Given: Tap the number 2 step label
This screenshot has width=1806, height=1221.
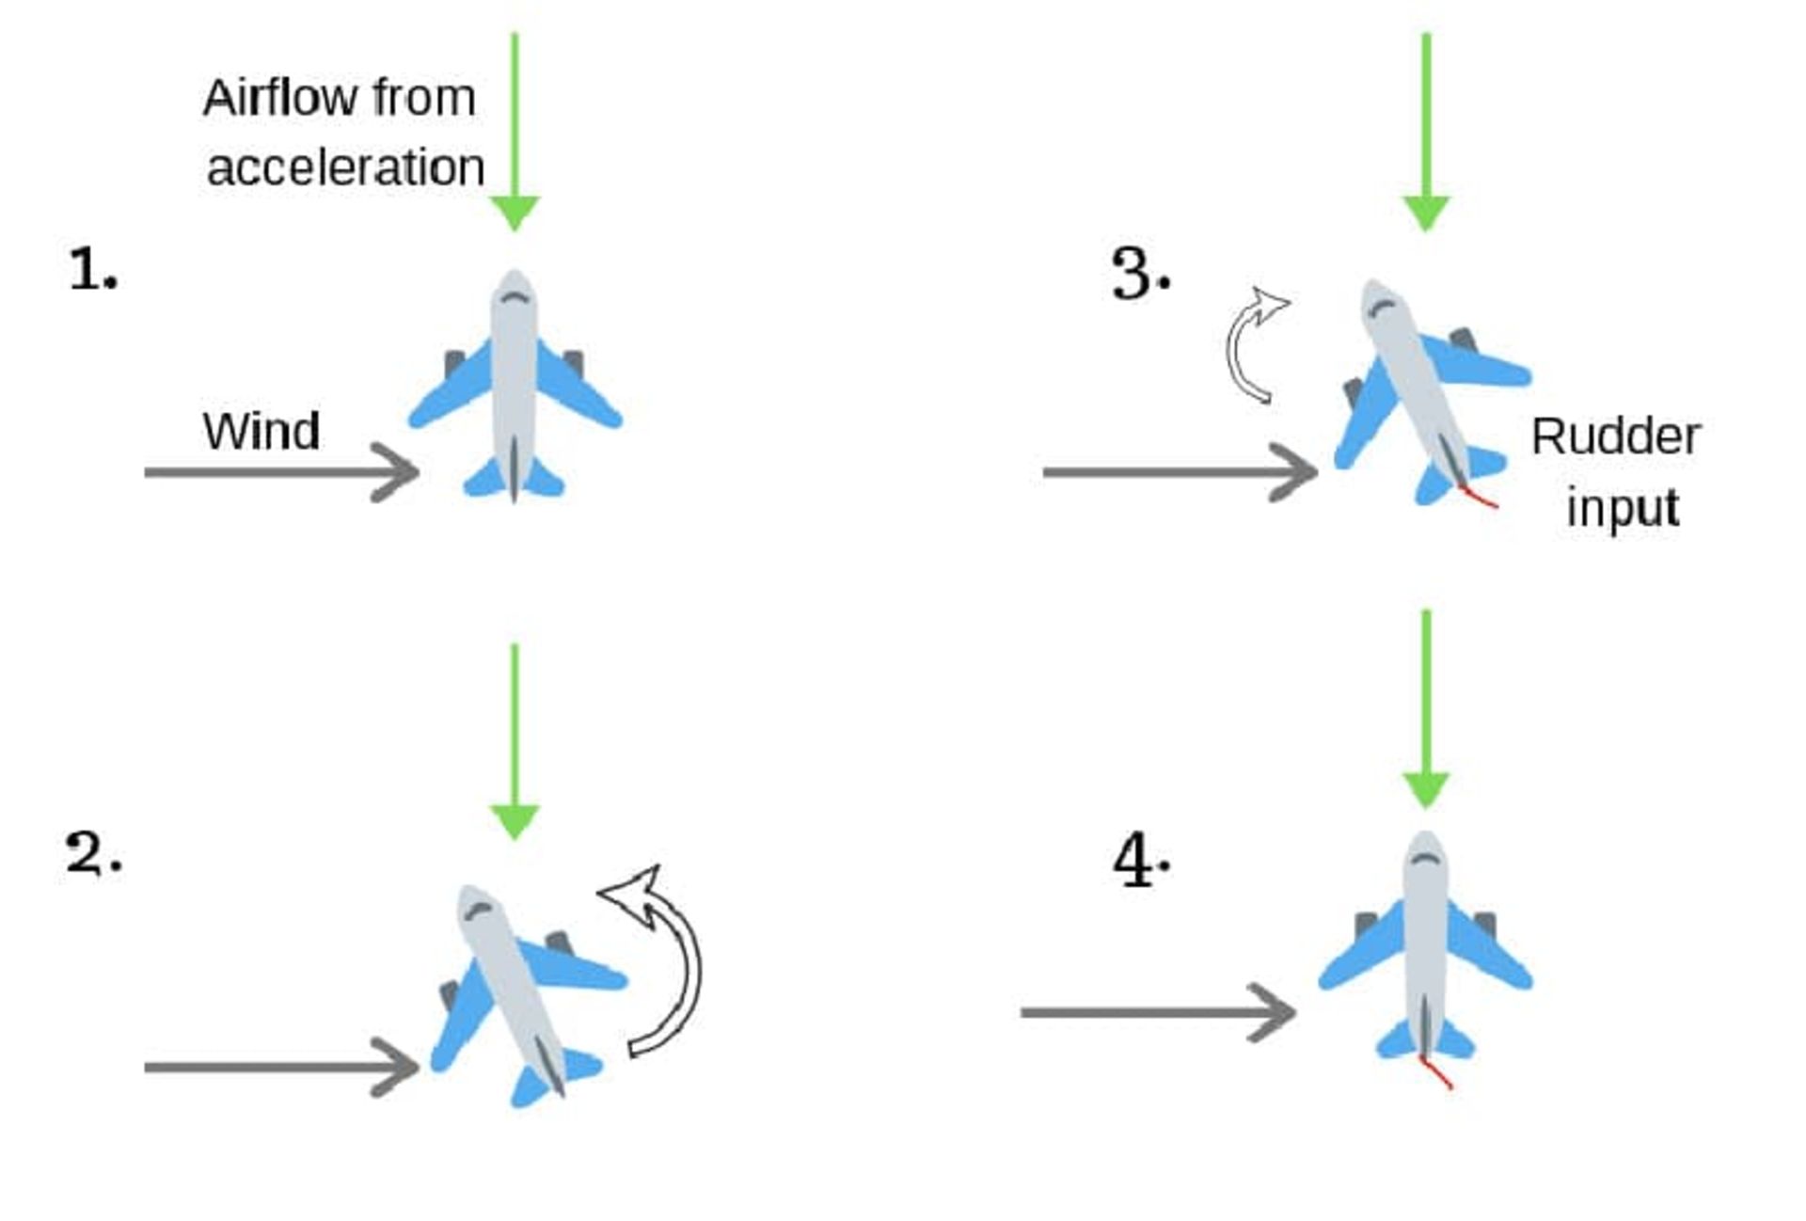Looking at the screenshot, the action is [93, 854].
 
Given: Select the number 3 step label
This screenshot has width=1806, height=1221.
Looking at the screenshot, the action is [1140, 274].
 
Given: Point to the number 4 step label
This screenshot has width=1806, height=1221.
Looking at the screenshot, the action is [1141, 861].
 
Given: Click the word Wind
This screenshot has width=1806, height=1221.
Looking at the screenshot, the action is [261, 431].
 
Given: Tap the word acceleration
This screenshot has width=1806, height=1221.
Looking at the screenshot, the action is [345, 167].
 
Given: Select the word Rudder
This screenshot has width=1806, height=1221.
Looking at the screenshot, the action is [1616, 436].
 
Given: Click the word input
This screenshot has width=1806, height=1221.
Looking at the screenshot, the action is [1623, 509].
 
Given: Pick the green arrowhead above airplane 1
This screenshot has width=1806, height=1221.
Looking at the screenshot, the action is [515, 214].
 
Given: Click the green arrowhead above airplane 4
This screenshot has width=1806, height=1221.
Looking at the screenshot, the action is [1426, 790].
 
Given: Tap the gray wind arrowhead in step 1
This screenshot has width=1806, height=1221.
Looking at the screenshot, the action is [396, 471].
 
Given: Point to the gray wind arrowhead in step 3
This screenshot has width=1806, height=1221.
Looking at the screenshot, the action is [1293, 471].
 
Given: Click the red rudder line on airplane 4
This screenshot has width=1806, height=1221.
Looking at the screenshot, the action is [1435, 1072].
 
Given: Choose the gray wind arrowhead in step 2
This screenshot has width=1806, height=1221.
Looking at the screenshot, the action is [396, 1067].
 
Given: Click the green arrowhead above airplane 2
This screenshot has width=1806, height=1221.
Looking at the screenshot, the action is [515, 822].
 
